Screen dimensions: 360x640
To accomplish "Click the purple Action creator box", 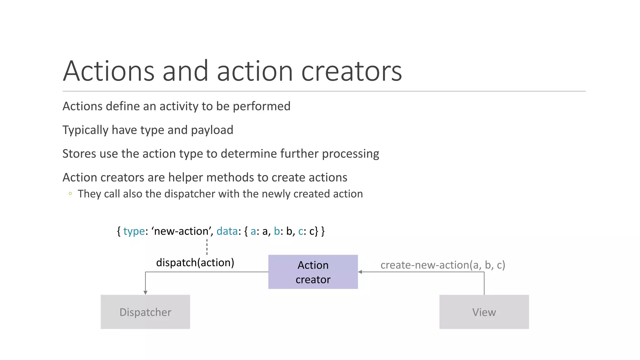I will coord(313,272).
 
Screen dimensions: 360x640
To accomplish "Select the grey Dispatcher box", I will coord(145,312).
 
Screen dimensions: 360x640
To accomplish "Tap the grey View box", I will coord(484,312).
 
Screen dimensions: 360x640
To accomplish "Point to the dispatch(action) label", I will coord(195,262).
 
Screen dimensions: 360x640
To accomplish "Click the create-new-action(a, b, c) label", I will coord(442,265).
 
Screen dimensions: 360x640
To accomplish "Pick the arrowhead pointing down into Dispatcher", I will coord(145,292).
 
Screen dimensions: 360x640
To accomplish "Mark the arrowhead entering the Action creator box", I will coord(360,272).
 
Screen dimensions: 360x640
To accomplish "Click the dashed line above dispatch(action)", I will coord(207,247).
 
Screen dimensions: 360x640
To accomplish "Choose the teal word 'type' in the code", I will coord(134,231).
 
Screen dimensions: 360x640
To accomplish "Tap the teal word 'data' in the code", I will coord(227,231).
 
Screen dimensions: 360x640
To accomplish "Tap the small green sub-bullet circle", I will coord(70,194).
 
